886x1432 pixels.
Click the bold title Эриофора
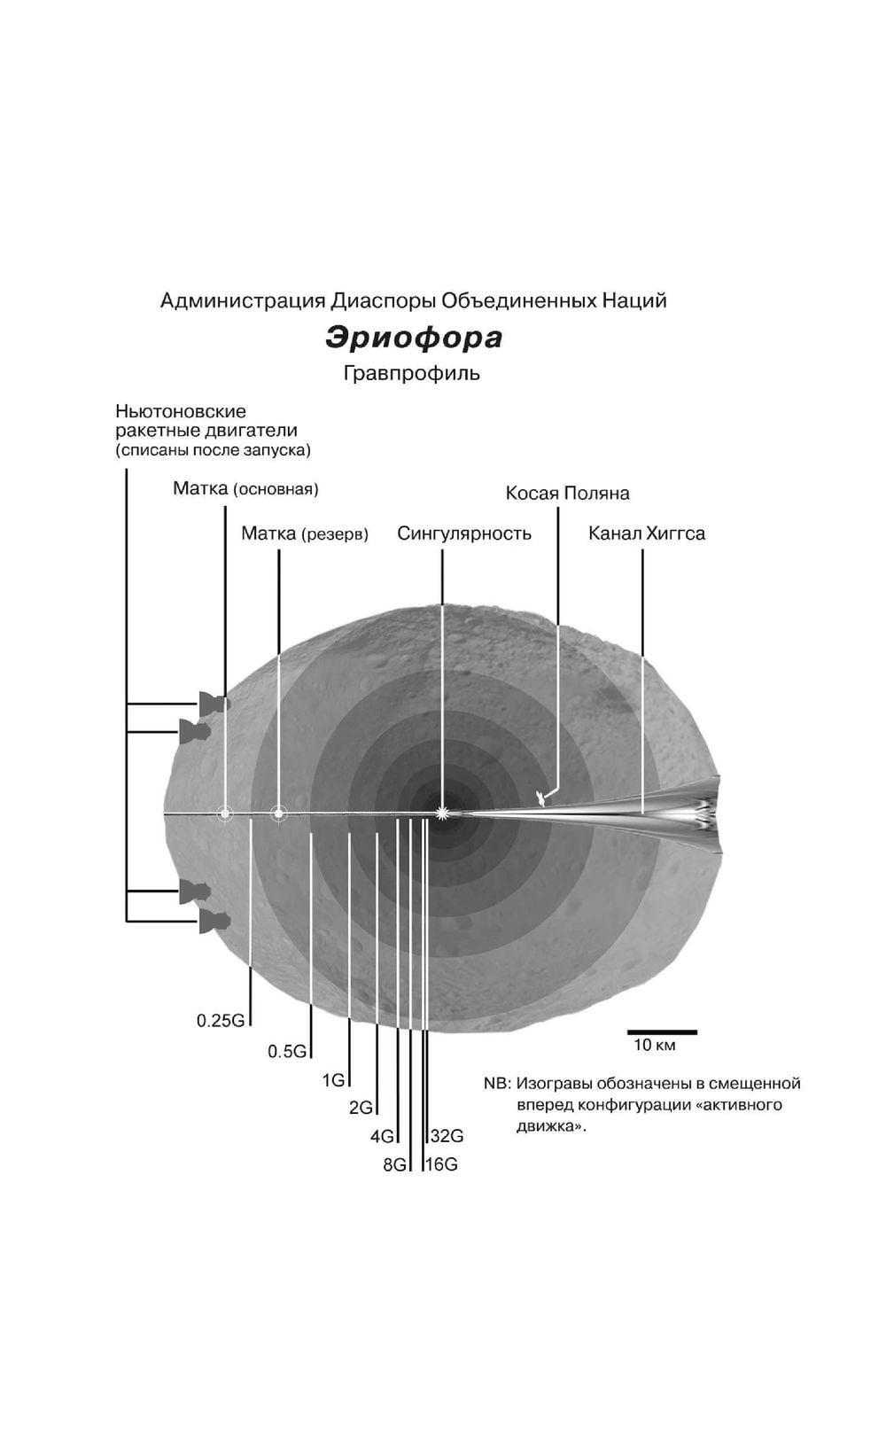point(414,338)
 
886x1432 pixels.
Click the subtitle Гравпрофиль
point(412,373)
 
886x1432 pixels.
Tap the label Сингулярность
point(463,533)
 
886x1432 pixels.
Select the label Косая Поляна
point(567,493)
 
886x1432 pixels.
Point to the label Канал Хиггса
point(647,533)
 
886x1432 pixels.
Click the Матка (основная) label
point(245,488)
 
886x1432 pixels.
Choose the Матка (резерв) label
point(304,533)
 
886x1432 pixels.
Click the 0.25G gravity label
point(220,1020)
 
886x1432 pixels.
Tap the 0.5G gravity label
point(287,1051)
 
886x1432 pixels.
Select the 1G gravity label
point(333,1080)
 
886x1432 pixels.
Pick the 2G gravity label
point(361,1108)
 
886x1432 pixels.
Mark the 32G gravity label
point(447,1136)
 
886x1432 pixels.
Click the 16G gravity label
point(441,1164)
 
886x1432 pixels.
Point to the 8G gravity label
point(393,1165)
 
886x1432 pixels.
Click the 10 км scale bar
point(662,1032)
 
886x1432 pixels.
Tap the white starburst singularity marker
point(442,812)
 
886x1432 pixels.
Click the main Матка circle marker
point(225,813)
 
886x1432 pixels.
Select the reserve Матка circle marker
point(278,813)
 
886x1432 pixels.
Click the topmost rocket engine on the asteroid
point(213,703)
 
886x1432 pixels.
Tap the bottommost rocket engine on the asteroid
point(213,922)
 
